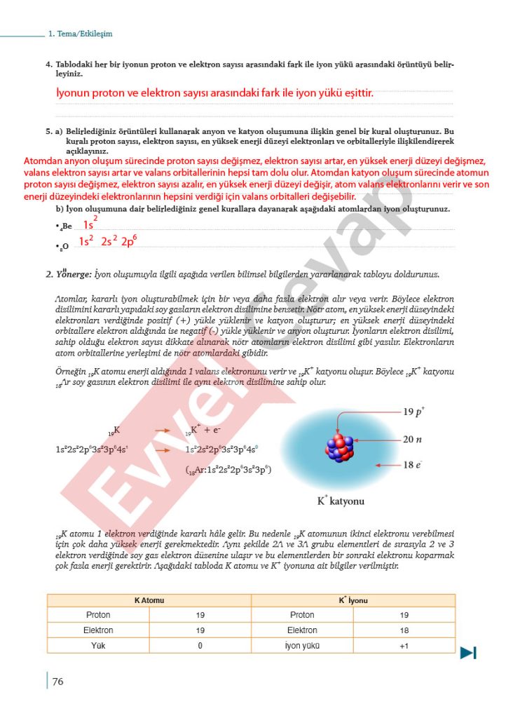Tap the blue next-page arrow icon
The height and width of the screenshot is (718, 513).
point(468,653)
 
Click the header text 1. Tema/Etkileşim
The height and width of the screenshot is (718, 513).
point(81,34)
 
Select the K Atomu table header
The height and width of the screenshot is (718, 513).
point(149,600)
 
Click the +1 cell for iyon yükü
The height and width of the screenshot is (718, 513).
point(404,645)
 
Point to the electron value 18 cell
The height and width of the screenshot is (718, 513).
point(404,630)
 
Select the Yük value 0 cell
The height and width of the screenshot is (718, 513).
point(200,645)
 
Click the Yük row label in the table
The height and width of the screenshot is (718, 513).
point(98,645)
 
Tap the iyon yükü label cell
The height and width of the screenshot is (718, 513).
point(302,645)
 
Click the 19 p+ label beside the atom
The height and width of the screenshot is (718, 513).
point(418,412)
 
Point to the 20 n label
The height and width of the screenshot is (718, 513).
point(413,440)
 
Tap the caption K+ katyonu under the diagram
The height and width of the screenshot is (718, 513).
point(341,501)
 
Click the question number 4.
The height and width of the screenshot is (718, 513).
point(48,65)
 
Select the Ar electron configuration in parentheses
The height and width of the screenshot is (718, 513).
point(228,471)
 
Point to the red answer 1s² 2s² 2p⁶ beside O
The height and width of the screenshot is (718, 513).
point(107,241)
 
